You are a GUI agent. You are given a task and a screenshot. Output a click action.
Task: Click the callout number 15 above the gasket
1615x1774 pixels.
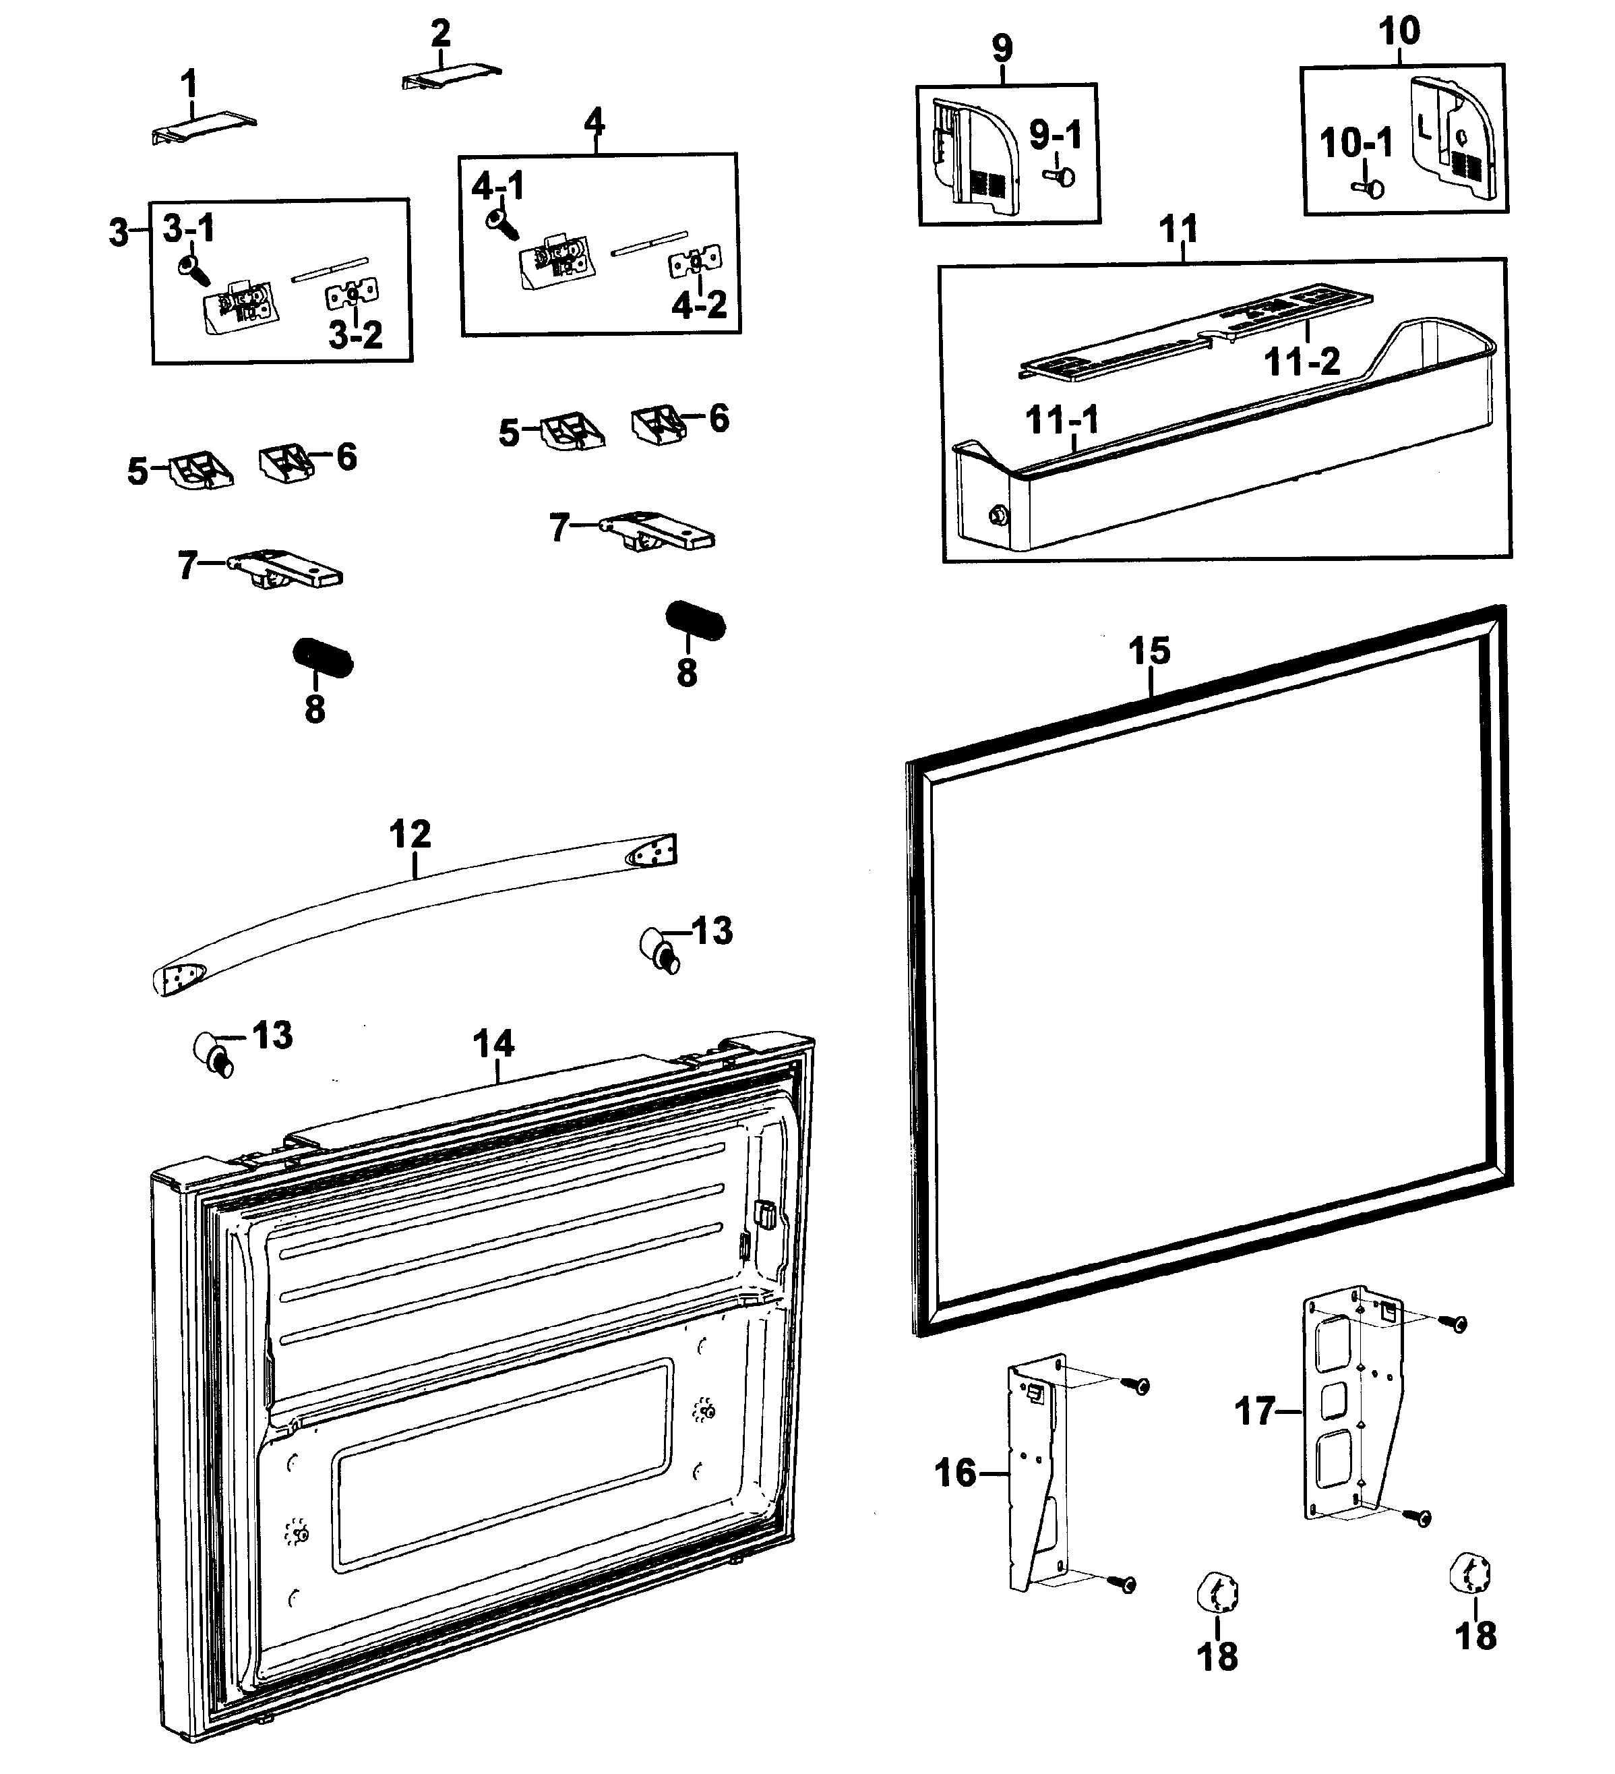(x=1149, y=652)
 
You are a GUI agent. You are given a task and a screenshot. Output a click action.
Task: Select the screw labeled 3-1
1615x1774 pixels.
(x=193, y=269)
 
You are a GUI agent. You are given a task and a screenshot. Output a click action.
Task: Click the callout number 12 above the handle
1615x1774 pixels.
(x=410, y=834)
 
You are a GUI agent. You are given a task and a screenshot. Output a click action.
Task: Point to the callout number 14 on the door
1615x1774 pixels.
(x=493, y=1044)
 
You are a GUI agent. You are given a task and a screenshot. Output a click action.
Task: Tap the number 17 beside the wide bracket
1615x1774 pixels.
(x=1254, y=1411)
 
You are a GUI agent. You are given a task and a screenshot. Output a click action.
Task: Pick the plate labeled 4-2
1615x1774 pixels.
(x=695, y=262)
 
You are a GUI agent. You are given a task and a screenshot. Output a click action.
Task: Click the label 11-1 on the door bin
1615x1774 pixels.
(x=1062, y=421)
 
